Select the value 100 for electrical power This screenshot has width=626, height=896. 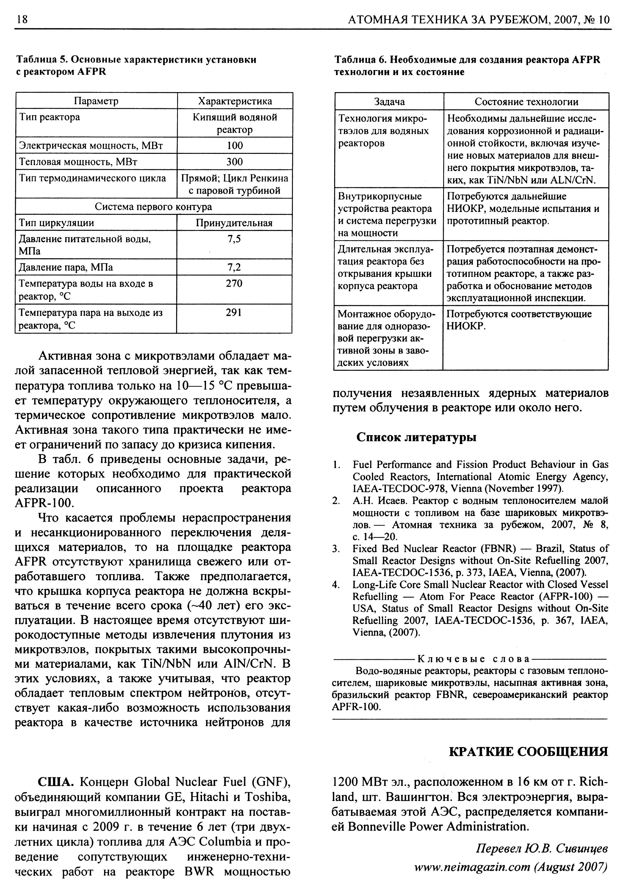tap(234, 146)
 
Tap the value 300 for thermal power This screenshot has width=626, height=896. tap(234, 162)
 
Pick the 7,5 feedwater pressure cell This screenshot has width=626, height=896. tap(234, 239)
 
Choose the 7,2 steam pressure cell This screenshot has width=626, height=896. tap(234, 267)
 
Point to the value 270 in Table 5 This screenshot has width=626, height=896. tap(234, 284)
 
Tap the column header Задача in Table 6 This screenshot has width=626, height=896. tap(389, 102)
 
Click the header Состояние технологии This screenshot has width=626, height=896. tap(526, 102)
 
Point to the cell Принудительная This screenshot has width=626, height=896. tap(234, 223)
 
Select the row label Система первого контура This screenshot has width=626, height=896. tap(153, 207)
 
